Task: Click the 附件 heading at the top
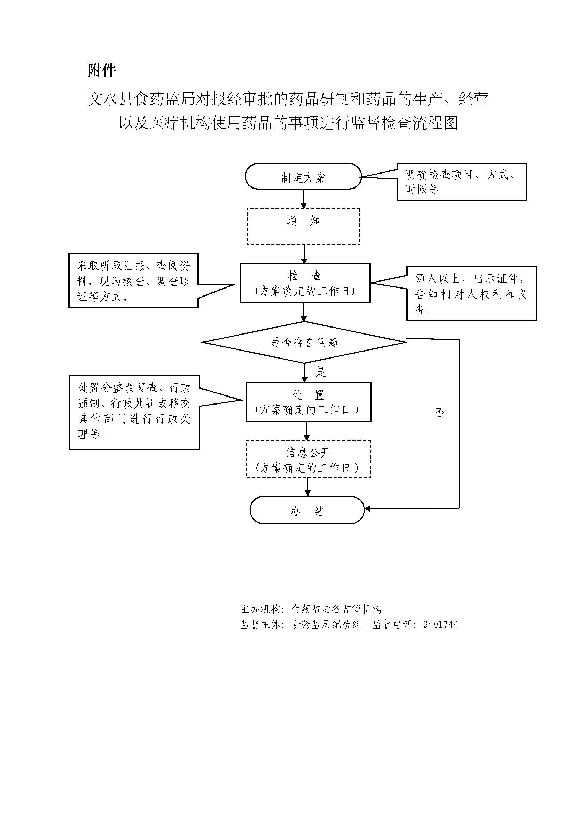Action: [102, 70]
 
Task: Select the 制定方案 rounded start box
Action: [303, 177]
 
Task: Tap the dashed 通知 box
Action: [304, 226]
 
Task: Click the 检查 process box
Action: [305, 283]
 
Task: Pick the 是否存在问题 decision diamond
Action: [304, 343]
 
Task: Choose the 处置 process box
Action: [308, 402]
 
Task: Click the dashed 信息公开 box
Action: [308, 459]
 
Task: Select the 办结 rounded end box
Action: [307, 510]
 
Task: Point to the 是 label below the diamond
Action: [321, 372]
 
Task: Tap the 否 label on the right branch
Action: [440, 412]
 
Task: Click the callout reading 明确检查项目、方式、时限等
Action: [461, 182]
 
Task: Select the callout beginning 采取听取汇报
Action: [133, 281]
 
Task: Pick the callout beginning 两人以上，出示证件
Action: [471, 293]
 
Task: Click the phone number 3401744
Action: [441, 624]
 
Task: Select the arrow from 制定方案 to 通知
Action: [304, 198]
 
